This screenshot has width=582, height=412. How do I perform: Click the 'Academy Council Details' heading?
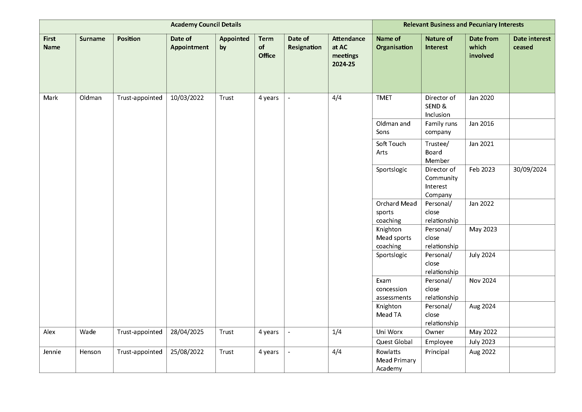206,25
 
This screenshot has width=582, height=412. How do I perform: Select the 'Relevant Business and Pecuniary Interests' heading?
463,25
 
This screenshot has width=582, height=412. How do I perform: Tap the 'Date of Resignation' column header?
304,43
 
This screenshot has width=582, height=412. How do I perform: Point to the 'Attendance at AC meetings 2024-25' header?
349,51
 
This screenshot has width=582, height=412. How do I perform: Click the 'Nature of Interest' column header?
438,43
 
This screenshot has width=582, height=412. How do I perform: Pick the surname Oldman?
90,98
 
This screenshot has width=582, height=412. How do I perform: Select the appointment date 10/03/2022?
187,98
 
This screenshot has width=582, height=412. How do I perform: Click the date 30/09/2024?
529,169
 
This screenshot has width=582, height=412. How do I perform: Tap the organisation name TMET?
384,98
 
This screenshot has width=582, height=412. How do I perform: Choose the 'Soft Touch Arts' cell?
391,148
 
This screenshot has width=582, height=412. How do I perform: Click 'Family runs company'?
441,128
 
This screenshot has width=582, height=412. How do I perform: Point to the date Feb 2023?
482,169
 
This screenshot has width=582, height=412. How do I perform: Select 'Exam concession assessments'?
393,289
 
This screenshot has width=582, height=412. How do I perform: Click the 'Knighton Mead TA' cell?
389,310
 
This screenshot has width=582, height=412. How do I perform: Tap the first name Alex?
49,332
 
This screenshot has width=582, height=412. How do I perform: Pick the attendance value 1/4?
337,332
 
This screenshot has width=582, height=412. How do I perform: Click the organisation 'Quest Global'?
394,342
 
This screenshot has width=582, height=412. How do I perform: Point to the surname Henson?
90,352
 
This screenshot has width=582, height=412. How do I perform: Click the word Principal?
437,352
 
